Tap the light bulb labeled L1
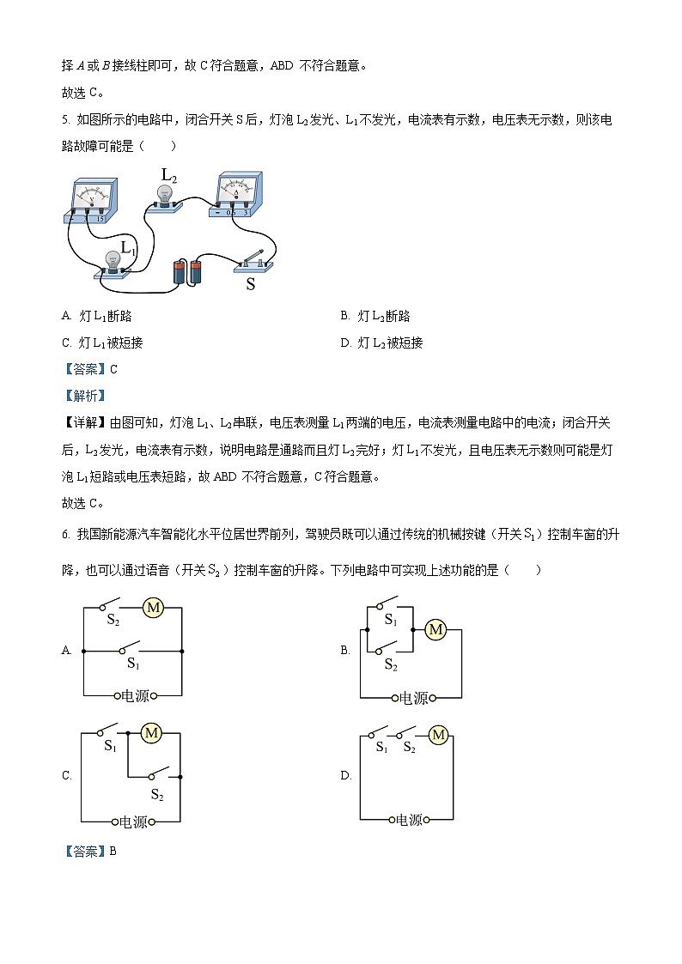pyautogui.click(x=112, y=260)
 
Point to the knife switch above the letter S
pyautogui.click(x=254, y=260)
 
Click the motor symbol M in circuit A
pyautogui.click(x=153, y=608)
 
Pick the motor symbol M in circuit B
pyautogui.click(x=435, y=629)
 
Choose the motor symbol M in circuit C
pyautogui.click(x=151, y=733)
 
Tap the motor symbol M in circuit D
pyautogui.click(x=438, y=735)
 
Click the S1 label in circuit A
pyautogui.click(x=133, y=664)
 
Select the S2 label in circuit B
pyautogui.click(x=391, y=664)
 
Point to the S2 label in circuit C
pyautogui.click(x=157, y=795)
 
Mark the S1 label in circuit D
pyautogui.click(x=382, y=748)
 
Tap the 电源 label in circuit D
pyautogui.click(x=410, y=820)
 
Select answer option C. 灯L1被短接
pyautogui.click(x=102, y=343)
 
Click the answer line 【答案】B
pyautogui.click(x=90, y=852)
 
